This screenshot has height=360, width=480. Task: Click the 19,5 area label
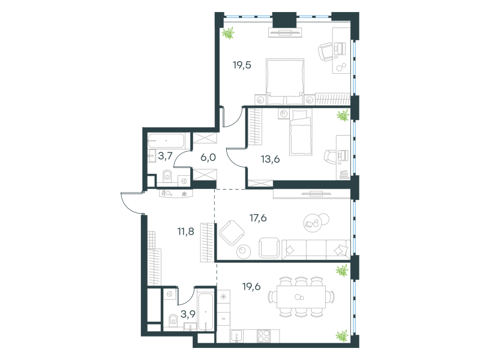click(242, 65)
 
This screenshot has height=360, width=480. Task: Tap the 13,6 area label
click(271, 159)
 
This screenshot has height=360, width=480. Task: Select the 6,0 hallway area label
click(208, 158)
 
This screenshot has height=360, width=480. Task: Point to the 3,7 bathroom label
click(166, 156)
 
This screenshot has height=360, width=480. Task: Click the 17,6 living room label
click(258, 218)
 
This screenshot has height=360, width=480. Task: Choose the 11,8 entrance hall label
click(186, 232)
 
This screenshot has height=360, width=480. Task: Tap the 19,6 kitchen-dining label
click(251, 287)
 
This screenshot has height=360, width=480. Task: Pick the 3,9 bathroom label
click(188, 314)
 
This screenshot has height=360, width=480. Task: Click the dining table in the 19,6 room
click(301, 297)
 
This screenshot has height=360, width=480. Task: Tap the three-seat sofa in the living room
click(316, 249)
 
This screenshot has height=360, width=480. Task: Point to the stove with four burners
click(263, 336)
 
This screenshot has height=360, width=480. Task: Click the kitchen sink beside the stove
click(237, 336)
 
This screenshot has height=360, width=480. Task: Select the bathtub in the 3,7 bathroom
click(166, 141)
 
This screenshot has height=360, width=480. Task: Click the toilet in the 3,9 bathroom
click(173, 320)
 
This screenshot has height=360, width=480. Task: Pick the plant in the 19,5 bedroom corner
click(228, 33)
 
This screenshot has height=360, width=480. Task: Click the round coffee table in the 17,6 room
click(244, 251)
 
